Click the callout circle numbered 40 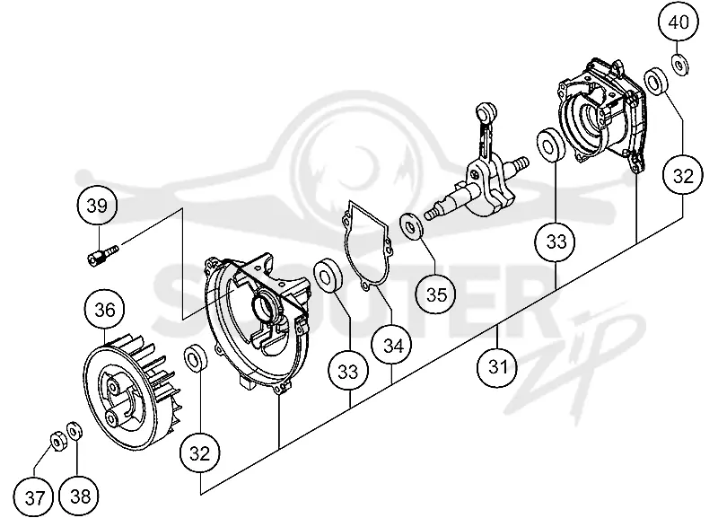click(679, 22)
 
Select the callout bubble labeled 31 click(497, 367)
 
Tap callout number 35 click(436, 294)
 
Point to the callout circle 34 click(392, 345)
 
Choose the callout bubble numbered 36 click(105, 310)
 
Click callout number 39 click(97, 206)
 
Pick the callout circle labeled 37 click(34, 497)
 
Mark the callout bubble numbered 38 click(79, 496)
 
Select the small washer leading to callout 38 click(74, 432)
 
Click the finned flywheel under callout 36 click(129, 391)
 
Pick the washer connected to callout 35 click(411, 225)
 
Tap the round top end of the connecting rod click(486, 111)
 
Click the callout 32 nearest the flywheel click(199, 453)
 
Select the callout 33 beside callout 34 click(347, 371)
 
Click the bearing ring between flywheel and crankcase click(196, 357)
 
